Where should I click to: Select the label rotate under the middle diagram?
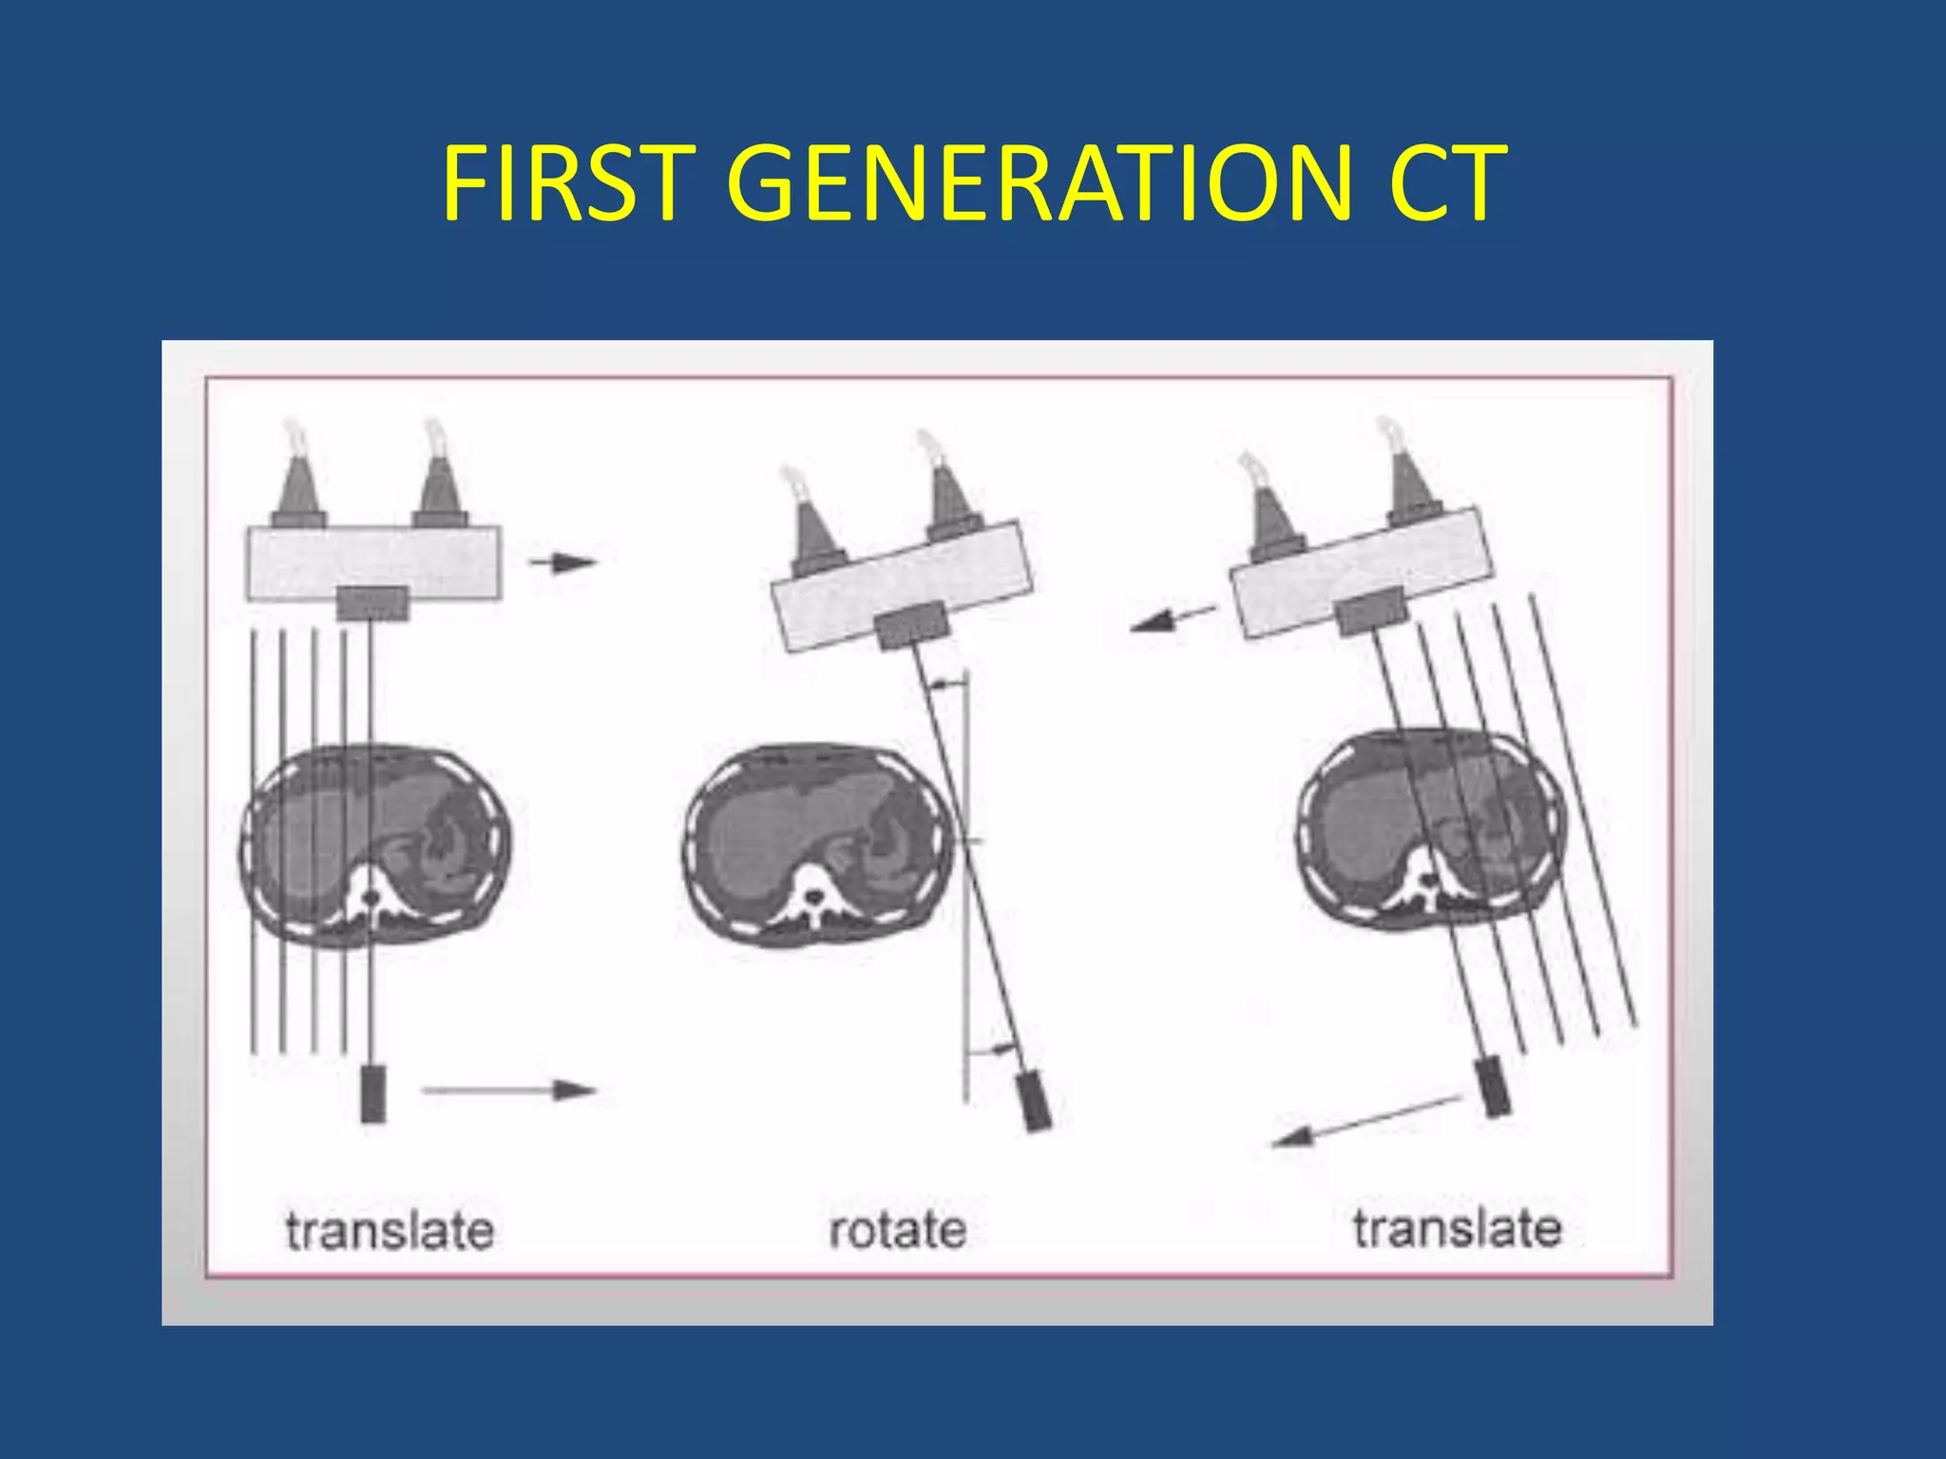(x=898, y=1230)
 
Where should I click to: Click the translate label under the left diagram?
(x=390, y=1231)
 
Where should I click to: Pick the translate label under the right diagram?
(x=1458, y=1228)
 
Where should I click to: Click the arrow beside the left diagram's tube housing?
(x=562, y=562)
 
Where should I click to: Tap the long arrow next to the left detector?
(x=508, y=1090)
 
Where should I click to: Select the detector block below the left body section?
(x=373, y=1093)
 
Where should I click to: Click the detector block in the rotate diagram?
(x=1035, y=1101)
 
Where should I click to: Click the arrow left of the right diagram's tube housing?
(x=1172, y=618)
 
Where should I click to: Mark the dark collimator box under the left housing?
(x=373, y=602)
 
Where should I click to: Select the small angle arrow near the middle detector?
(x=1000, y=1049)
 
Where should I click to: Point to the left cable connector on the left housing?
(x=298, y=484)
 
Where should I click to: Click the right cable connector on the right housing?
(x=1413, y=484)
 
